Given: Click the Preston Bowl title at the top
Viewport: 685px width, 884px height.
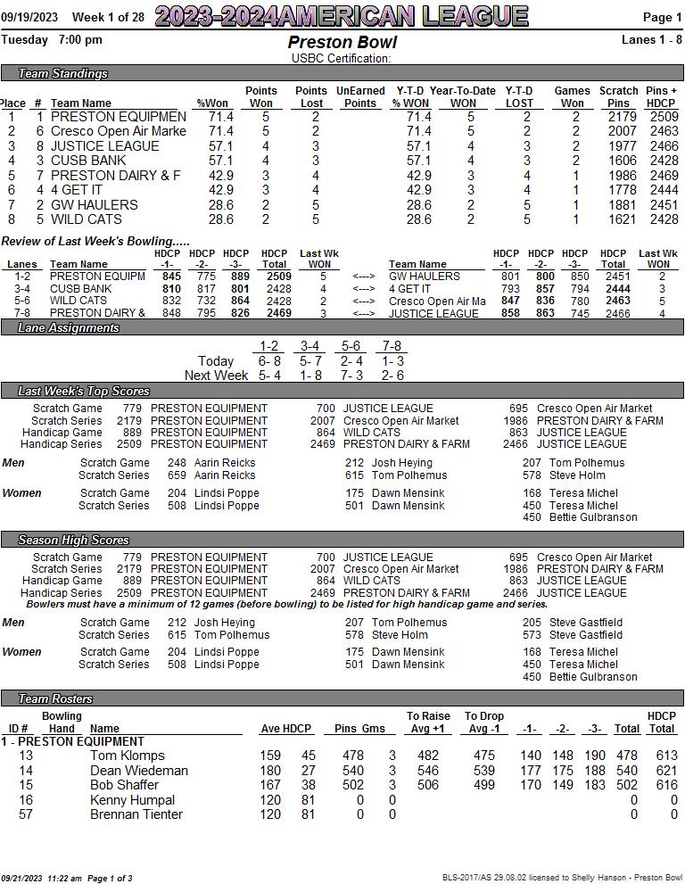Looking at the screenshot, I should click(342, 42).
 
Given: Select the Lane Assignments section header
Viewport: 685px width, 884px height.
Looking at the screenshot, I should click(69, 328).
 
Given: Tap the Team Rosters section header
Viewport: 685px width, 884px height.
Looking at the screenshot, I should click(55, 698).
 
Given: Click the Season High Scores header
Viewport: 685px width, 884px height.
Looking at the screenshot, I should click(73, 541).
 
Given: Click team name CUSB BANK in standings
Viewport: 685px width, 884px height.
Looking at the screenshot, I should click(88, 161).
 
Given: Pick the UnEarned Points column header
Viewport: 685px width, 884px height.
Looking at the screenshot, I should click(360, 96).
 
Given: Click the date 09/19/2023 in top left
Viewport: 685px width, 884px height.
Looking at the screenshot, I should click(29, 17).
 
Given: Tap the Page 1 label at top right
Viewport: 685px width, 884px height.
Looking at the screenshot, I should click(662, 17).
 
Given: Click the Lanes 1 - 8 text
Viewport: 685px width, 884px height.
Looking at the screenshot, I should click(652, 39).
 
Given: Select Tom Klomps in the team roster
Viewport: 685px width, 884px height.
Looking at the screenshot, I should click(128, 756).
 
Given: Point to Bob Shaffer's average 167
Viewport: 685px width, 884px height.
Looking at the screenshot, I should click(270, 785).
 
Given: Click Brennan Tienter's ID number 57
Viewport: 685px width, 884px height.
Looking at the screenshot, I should click(26, 814).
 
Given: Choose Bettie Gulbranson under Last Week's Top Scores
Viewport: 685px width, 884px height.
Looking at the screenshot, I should click(593, 517).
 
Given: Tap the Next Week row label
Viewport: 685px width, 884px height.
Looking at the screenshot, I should click(216, 376).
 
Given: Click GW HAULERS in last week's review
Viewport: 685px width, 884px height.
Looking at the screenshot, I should click(424, 277).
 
